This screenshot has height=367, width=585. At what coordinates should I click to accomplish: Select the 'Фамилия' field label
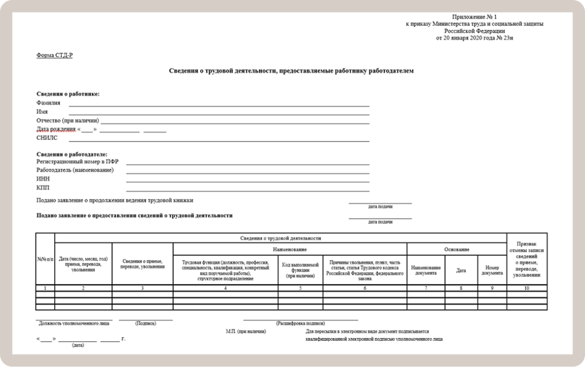(x=48, y=103)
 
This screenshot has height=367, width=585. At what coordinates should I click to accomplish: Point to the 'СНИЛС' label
(x=47, y=138)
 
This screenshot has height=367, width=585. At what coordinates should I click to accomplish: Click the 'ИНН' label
(x=43, y=179)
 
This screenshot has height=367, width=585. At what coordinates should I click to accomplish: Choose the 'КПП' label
(x=43, y=188)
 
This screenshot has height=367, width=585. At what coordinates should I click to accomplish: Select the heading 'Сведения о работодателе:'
(x=71, y=155)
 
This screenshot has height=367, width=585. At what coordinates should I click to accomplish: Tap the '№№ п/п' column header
(x=45, y=260)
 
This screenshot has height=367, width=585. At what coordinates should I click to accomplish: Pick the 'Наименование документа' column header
(x=426, y=270)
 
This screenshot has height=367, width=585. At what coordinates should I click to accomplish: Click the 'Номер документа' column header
(x=492, y=270)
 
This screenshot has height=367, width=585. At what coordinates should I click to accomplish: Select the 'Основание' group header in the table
(x=456, y=249)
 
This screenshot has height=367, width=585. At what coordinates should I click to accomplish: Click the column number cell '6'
(x=364, y=288)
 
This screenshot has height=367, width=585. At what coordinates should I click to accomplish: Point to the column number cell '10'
(x=526, y=288)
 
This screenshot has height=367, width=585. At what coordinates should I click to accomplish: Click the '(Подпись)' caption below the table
(x=146, y=323)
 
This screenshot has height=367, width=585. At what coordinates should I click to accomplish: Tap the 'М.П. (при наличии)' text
(x=245, y=331)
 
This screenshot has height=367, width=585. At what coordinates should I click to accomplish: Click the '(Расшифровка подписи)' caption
(x=300, y=323)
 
